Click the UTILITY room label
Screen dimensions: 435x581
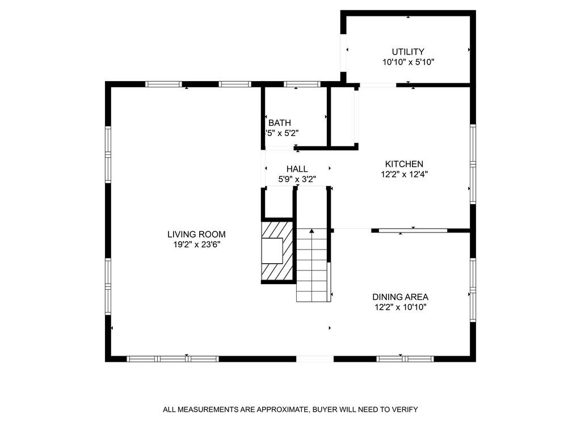tap(408, 52)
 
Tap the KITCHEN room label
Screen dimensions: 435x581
tap(404, 164)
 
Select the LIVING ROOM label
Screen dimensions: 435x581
tap(196, 234)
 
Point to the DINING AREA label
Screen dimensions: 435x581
tap(400, 297)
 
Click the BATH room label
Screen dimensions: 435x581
tap(280, 123)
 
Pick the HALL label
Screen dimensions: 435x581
tap(297, 169)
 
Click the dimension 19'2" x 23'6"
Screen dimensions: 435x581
tap(196, 245)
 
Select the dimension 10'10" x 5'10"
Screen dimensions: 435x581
tap(408, 62)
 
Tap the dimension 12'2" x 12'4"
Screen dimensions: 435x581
tap(404, 175)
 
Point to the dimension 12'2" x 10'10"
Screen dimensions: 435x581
tap(400, 307)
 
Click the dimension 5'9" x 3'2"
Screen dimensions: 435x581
tap(297, 179)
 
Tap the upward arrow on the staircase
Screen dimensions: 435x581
tap(312, 231)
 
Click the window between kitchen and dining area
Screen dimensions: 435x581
tap(413, 230)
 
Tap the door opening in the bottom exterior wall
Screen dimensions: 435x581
tap(315, 358)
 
